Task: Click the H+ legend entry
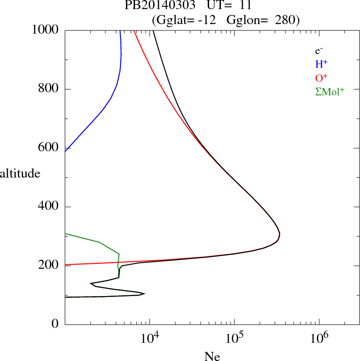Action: tap(322, 64)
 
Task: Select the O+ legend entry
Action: tap(322, 78)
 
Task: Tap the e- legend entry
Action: tap(319, 51)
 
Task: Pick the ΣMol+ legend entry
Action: tap(330, 91)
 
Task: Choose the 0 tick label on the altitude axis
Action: tap(55, 324)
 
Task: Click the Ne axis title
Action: tap(212, 356)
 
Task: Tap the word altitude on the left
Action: tap(20, 173)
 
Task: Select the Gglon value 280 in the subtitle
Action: tap(285, 20)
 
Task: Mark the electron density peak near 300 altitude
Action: tap(280, 234)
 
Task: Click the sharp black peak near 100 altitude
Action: tap(145, 293)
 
